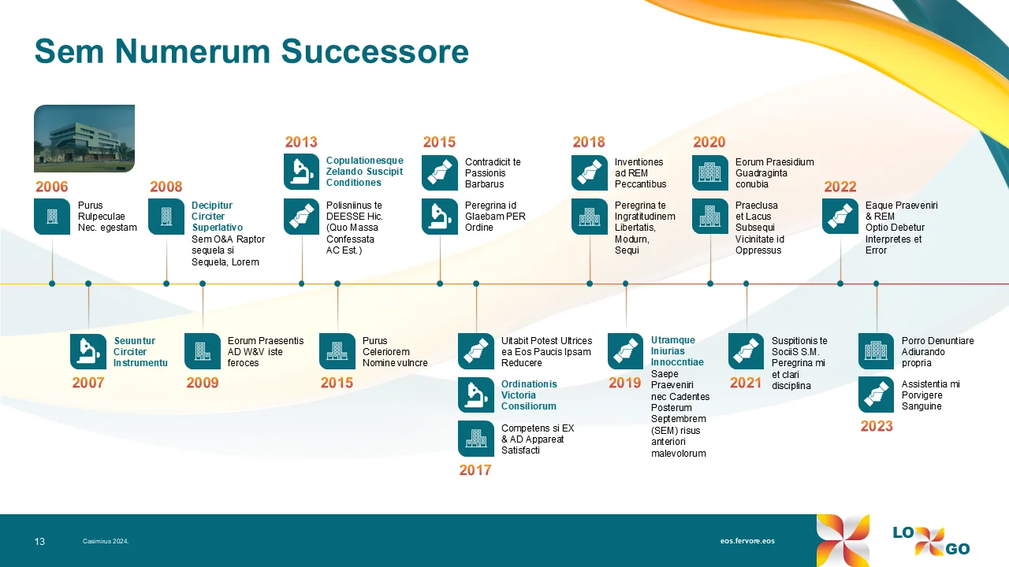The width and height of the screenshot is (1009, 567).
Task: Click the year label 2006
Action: pyautogui.click(x=52, y=187)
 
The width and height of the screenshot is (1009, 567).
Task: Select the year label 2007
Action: pyautogui.click(x=88, y=384)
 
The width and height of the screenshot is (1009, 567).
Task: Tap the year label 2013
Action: pyautogui.click(x=301, y=143)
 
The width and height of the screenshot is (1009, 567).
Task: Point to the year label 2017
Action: pyautogui.click(x=475, y=471)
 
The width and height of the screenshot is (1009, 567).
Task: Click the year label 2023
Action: pyautogui.click(x=877, y=427)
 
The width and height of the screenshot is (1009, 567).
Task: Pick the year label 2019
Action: pyautogui.click(x=625, y=384)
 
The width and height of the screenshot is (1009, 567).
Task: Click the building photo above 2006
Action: pyautogui.click(x=84, y=138)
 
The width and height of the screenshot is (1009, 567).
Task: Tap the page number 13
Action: pyautogui.click(x=39, y=542)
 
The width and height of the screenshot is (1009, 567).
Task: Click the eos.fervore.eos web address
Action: pyautogui.click(x=747, y=542)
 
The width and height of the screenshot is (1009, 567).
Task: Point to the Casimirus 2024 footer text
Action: pyautogui.click(x=106, y=542)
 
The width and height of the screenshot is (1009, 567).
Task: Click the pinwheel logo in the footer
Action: pyautogui.click(x=843, y=540)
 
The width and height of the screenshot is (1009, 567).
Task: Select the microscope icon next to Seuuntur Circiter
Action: pyautogui.click(x=88, y=352)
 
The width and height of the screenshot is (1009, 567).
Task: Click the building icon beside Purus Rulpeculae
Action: pyautogui.click(x=52, y=217)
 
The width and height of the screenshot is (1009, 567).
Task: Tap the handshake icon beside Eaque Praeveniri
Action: pyautogui.click(x=840, y=217)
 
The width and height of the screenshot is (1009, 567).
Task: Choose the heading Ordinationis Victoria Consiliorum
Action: pyautogui.click(x=529, y=395)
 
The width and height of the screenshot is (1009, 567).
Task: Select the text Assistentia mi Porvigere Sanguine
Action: pyautogui.click(x=931, y=395)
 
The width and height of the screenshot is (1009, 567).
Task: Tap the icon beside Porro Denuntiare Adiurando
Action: pyautogui.click(x=877, y=352)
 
